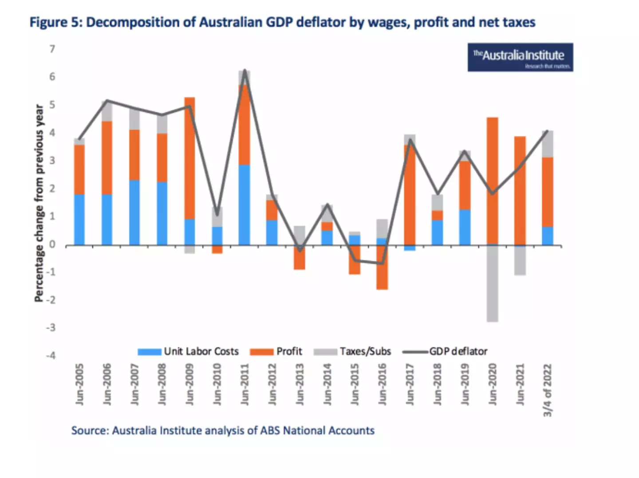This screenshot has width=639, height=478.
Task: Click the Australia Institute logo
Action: coord(520,57)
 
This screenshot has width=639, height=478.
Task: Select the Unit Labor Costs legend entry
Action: coord(188,352)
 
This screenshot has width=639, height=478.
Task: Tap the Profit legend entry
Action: coord(276,352)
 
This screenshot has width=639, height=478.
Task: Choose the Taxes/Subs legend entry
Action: coord(352,352)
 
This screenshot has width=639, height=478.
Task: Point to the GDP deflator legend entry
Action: coord(445,352)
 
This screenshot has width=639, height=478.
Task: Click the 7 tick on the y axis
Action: coord(52,49)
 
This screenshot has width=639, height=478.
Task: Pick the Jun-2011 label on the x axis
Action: coord(245,384)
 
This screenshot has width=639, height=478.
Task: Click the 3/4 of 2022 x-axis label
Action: coord(548,390)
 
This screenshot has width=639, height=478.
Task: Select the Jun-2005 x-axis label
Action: coord(79,384)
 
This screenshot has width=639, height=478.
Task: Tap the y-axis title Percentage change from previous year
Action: coord(39,203)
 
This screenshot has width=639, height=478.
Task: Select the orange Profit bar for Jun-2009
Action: coord(189,158)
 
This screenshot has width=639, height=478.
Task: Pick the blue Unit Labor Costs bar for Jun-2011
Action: coord(244,205)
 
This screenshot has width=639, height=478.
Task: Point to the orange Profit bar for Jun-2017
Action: coord(410,195)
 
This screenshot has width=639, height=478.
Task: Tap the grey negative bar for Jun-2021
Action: coord(520,261)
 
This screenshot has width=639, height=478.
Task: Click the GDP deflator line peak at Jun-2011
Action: coord(245,71)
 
